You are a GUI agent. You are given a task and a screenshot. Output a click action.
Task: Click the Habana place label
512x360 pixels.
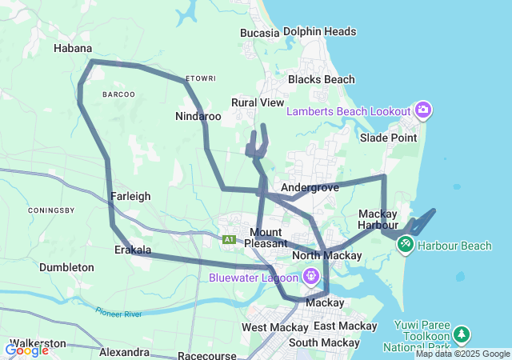tap(72, 48)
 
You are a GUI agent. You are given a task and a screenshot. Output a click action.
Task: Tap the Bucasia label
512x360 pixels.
tap(260, 33)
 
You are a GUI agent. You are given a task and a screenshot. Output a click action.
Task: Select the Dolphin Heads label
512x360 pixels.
tap(320, 31)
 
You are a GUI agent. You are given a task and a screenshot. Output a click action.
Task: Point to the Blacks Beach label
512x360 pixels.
tap(321, 79)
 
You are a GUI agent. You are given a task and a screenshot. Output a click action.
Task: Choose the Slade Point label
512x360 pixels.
tap(388, 138)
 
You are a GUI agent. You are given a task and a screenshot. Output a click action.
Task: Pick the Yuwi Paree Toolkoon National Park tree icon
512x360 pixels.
tap(461, 333)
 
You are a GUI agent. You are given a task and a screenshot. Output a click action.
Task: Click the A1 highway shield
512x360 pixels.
tap(230, 239)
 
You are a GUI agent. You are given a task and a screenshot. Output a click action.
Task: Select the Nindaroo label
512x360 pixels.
tap(198, 116)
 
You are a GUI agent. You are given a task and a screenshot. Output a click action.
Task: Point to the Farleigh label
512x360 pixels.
tap(130, 195)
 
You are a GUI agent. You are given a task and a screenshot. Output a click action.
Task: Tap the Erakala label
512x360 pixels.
tap(132, 250)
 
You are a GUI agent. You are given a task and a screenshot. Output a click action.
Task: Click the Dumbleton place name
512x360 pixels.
tap(66, 267)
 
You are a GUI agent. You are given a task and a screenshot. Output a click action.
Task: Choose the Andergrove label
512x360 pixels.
tap(310, 187)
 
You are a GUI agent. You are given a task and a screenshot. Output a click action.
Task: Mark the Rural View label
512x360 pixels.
tap(258, 103)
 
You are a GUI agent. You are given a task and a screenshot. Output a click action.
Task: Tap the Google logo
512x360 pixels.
tap(26, 350)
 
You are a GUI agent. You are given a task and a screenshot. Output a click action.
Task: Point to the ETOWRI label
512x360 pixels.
tap(201, 78)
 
